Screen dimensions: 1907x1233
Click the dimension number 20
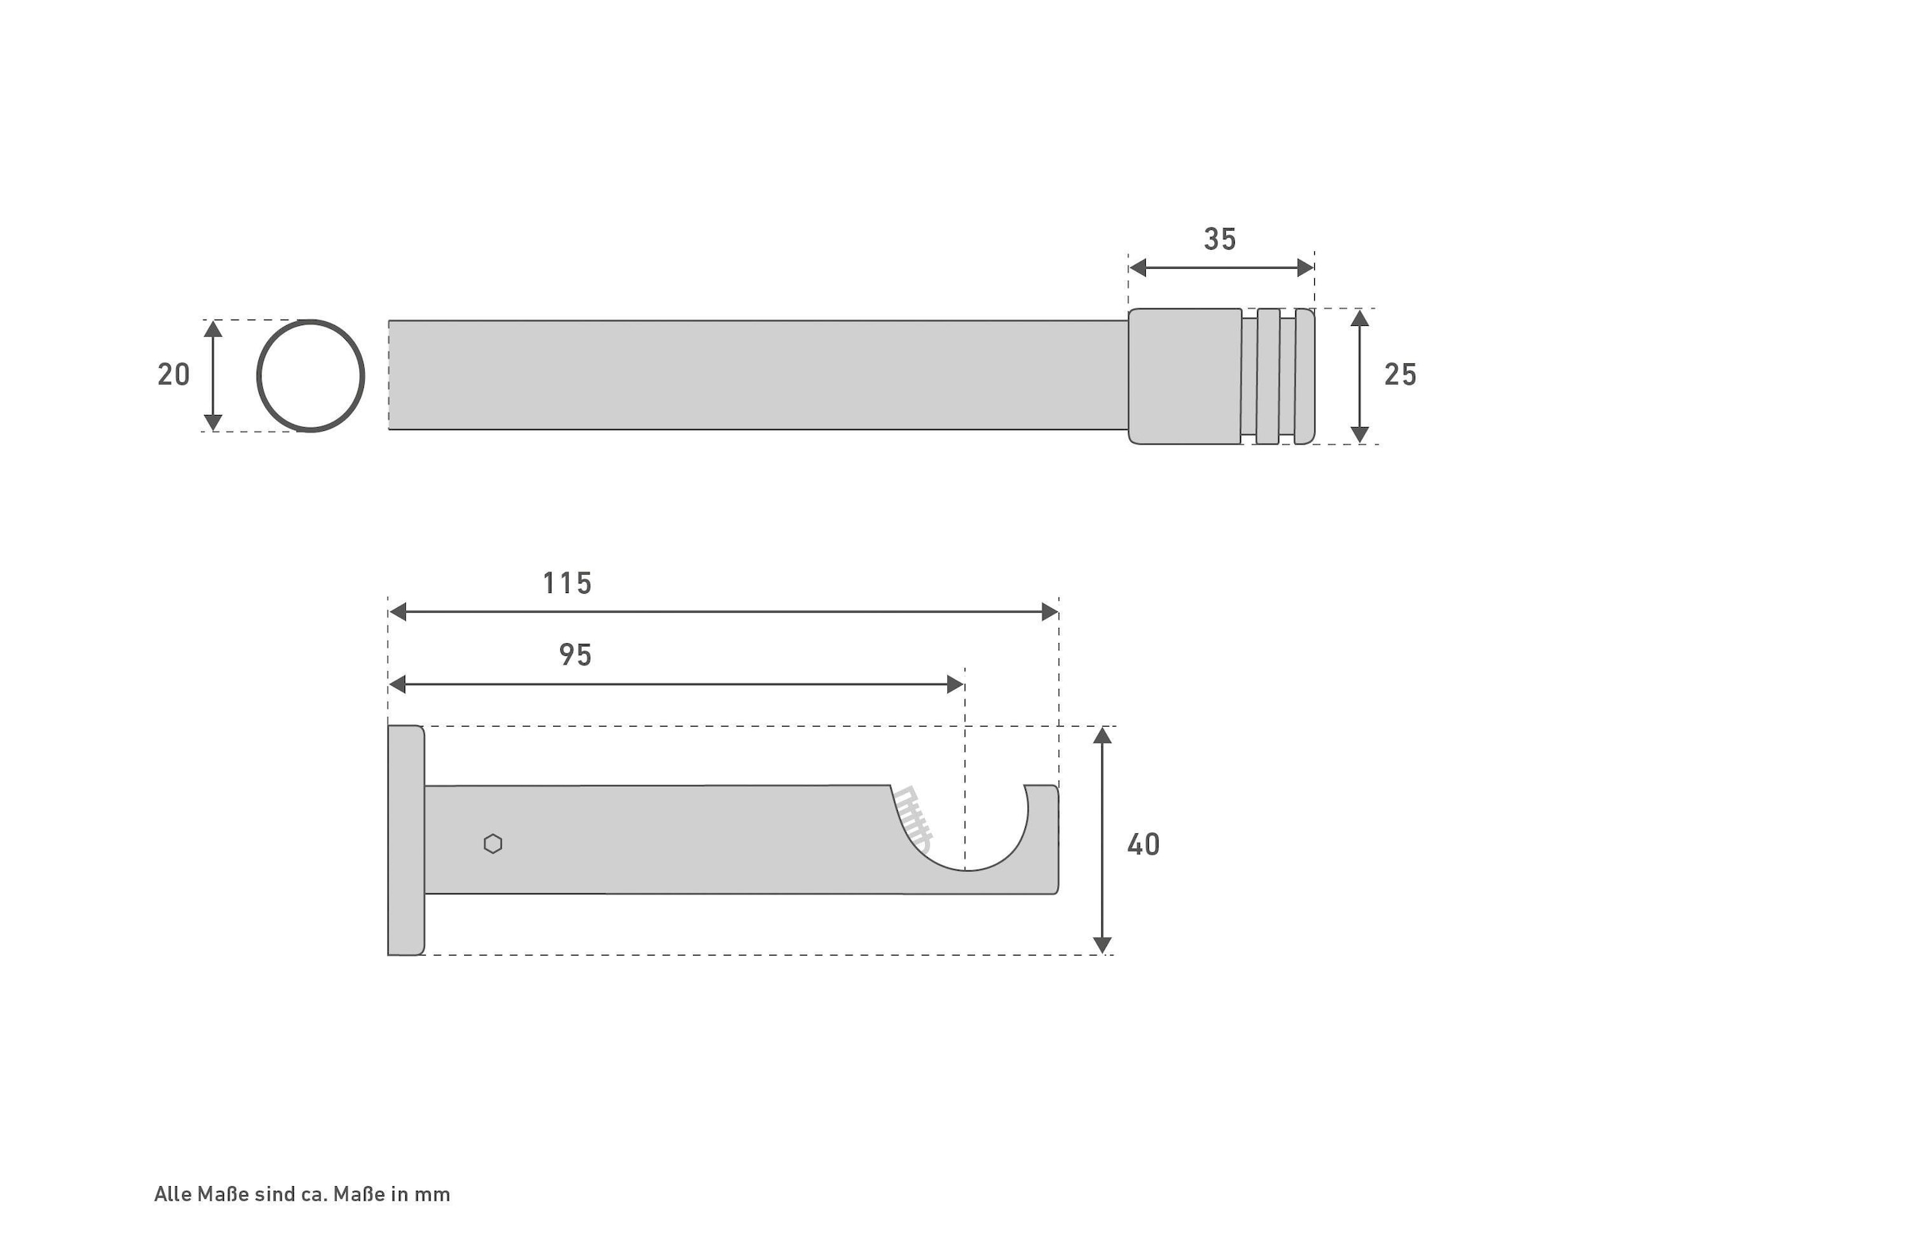pos(174,374)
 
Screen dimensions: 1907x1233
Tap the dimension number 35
pos(1220,239)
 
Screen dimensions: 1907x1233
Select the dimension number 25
pos(1400,374)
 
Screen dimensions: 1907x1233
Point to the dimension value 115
pos(567,584)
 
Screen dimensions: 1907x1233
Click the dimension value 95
pos(575,655)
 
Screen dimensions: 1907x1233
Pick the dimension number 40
pos(1143,845)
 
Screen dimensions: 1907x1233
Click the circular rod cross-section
pos(258,376)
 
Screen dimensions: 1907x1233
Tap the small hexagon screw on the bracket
pos(493,844)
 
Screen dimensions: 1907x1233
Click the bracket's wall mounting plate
pos(406,841)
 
